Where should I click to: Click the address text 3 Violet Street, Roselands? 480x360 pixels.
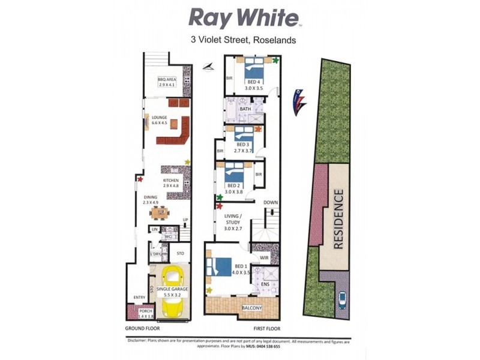[243, 41]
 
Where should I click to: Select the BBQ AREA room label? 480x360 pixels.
[166, 81]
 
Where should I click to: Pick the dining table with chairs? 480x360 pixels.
[160, 212]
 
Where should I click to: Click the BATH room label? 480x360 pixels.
[245, 109]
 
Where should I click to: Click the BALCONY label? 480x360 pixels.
[252, 308]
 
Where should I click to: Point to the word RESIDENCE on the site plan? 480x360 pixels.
[338, 219]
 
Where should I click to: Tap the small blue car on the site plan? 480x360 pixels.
[343, 299]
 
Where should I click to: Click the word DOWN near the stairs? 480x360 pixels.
[271, 202]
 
